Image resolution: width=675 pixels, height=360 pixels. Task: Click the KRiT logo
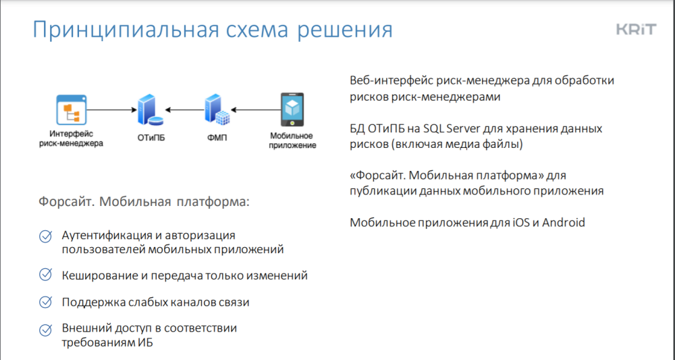(x=637, y=30)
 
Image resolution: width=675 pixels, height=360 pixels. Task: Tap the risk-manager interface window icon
(x=72, y=109)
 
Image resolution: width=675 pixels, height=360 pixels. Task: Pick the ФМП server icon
(x=217, y=110)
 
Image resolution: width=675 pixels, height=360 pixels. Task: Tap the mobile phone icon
(x=292, y=110)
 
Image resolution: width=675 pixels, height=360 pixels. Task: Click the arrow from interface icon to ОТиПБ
(x=112, y=110)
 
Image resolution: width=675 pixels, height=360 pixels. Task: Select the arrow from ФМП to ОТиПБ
(x=185, y=110)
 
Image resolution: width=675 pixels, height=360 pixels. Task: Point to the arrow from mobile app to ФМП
(x=256, y=110)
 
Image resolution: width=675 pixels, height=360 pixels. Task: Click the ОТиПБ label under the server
(x=151, y=138)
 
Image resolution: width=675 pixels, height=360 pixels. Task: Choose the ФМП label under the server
(x=217, y=138)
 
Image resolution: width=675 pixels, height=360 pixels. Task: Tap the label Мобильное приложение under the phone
(x=293, y=140)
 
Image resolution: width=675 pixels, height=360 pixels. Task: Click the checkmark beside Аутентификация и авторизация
(x=46, y=236)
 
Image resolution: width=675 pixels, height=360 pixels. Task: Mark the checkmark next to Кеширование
(x=46, y=274)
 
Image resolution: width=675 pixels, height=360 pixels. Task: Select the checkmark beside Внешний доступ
(x=46, y=330)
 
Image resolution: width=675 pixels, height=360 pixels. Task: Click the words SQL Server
(x=452, y=128)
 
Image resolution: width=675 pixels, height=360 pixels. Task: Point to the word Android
(x=564, y=223)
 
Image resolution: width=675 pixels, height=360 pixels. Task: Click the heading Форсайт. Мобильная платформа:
(x=144, y=201)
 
